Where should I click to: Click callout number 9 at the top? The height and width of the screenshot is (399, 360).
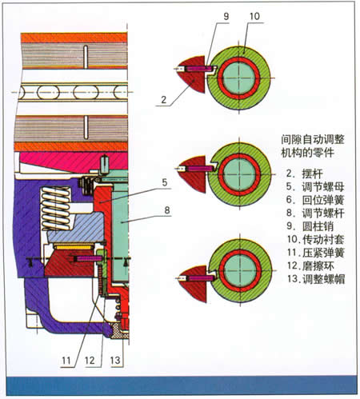coord(226,16)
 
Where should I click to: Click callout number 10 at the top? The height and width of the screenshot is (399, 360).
coord(254,16)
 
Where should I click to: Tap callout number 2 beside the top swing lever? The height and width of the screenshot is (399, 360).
coord(164,100)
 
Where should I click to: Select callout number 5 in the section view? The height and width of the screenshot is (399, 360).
coord(165,182)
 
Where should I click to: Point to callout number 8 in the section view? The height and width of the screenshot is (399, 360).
coord(167,210)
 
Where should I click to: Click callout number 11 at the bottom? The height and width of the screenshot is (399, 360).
coord(66,361)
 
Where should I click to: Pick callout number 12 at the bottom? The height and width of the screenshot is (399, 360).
coord(90,361)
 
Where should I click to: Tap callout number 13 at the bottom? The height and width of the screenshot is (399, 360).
coord(115,361)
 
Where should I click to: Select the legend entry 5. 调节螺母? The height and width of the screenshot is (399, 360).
coord(315,186)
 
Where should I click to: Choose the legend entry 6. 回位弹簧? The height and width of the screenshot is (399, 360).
coord(315,200)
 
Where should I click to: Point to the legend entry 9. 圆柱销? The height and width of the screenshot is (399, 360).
coord(310,226)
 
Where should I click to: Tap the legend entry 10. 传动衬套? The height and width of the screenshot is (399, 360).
coord(316,239)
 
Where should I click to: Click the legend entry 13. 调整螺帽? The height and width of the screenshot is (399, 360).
coord(316,279)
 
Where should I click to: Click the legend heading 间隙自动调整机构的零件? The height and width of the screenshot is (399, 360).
coord(313,146)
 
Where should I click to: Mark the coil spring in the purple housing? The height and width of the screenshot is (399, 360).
coord(56,209)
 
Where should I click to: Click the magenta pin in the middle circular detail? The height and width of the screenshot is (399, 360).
coord(200,169)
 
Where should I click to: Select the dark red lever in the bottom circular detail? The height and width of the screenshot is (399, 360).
coord(193,284)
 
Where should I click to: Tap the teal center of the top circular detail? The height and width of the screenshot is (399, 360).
coord(238,78)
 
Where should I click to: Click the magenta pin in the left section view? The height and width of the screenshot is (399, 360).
coord(87,258)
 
